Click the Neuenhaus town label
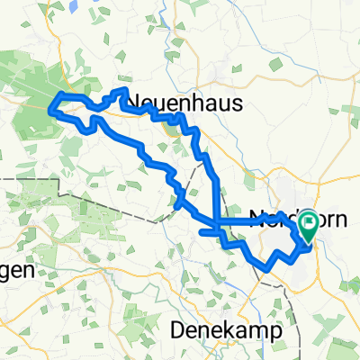click(x=187, y=103)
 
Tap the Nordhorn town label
click(x=292, y=219)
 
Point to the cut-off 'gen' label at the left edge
click(x=16, y=270)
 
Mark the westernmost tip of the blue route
click(x=50, y=111)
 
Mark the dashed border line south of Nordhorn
click(x=261, y=286)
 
